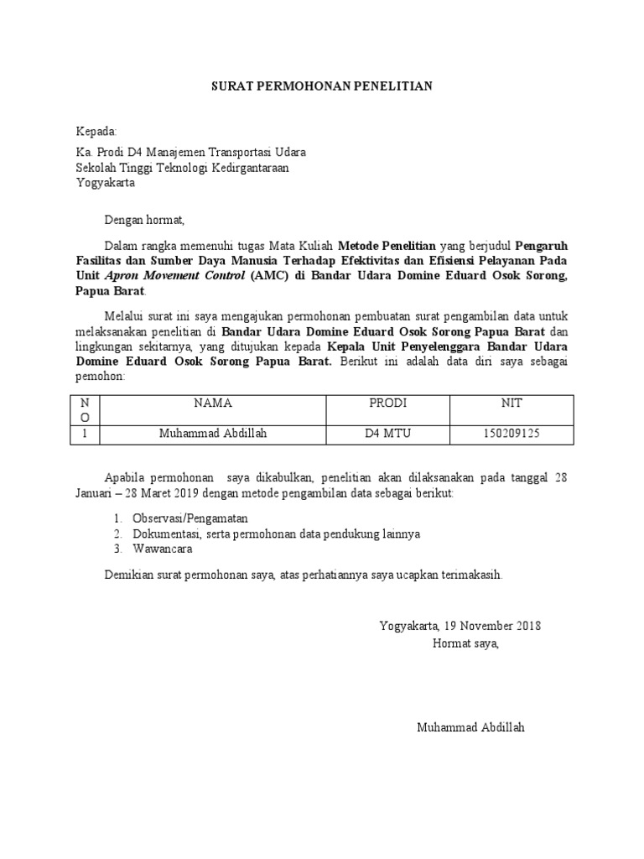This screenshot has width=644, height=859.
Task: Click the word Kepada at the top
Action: [97, 132]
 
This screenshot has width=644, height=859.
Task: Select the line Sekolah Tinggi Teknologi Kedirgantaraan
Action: [183, 168]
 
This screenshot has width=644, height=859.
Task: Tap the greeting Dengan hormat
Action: [143, 221]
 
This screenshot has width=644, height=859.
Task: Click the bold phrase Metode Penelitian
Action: [387, 247]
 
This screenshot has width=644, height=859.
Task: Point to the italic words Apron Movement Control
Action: [174, 276]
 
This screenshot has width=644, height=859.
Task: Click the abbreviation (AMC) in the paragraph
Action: [263, 276]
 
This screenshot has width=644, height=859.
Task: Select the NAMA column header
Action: [212, 403]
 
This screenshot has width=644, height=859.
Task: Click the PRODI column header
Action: [387, 403]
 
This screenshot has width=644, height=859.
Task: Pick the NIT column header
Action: [512, 403]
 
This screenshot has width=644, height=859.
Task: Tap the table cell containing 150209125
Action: [512, 434]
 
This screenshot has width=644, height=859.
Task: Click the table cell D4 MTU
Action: [387, 434]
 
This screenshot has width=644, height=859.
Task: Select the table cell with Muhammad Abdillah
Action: [212, 434]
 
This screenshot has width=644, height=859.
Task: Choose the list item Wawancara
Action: [162, 549]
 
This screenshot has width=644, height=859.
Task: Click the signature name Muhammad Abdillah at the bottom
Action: [470, 727]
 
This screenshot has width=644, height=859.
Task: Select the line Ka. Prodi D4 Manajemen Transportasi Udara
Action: [191, 153]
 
